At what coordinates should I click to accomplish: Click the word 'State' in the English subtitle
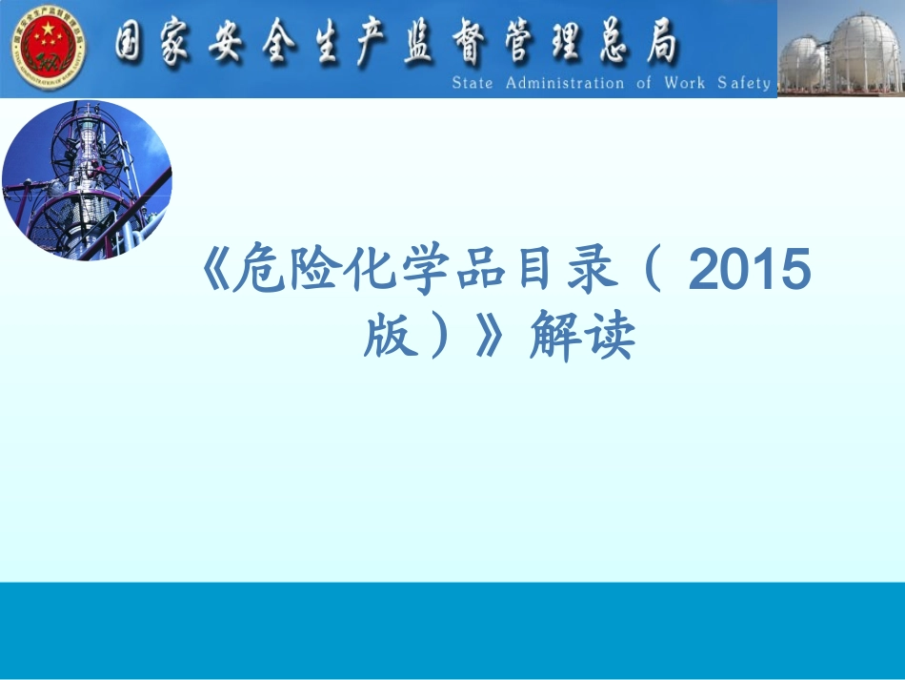point(473,83)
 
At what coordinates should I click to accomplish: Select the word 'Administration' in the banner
point(565,83)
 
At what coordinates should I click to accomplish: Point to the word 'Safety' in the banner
point(744,83)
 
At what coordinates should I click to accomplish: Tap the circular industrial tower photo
point(87,180)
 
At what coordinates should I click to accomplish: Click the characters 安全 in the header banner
point(252,44)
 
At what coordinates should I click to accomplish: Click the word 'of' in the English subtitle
point(644,83)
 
